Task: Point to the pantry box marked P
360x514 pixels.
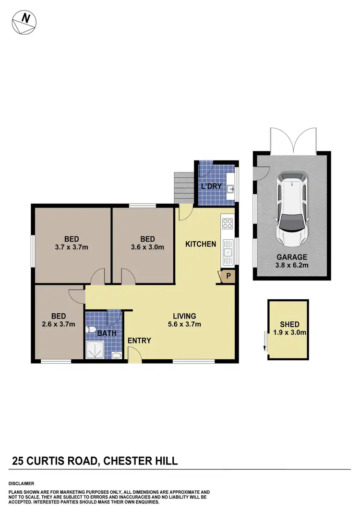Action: click(228, 276)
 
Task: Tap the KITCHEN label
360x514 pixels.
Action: click(201, 244)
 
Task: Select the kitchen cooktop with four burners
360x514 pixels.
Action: click(227, 223)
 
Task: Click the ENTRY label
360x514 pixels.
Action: click(139, 341)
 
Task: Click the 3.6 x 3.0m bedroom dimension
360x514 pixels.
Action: click(147, 248)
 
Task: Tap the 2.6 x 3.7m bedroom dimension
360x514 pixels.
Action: click(59, 324)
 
